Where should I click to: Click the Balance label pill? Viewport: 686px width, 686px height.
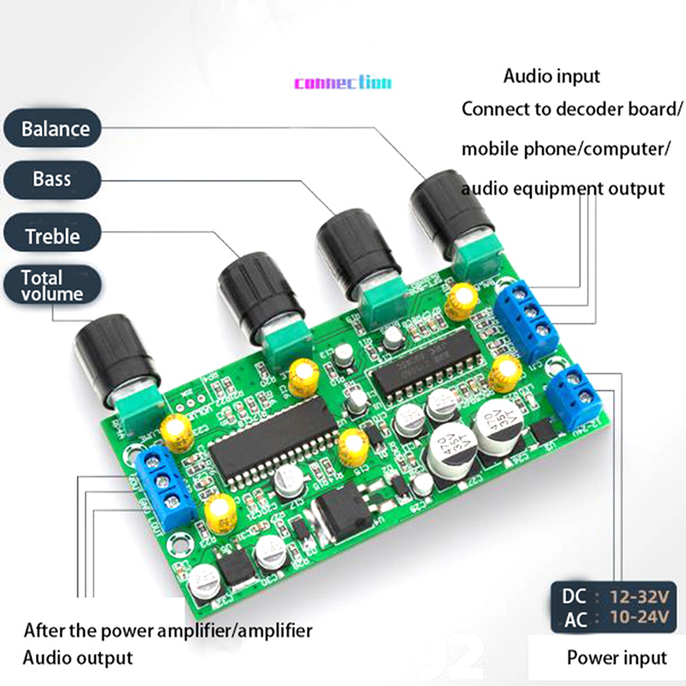pyautogui.click(x=55, y=129)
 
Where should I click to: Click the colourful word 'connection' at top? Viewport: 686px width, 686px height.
pyautogui.click(x=342, y=83)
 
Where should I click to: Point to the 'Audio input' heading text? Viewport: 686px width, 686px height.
pyautogui.click(x=551, y=76)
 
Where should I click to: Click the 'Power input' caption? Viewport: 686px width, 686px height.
pyautogui.click(x=616, y=658)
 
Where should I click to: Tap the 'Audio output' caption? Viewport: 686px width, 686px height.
pyautogui.click(x=77, y=658)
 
